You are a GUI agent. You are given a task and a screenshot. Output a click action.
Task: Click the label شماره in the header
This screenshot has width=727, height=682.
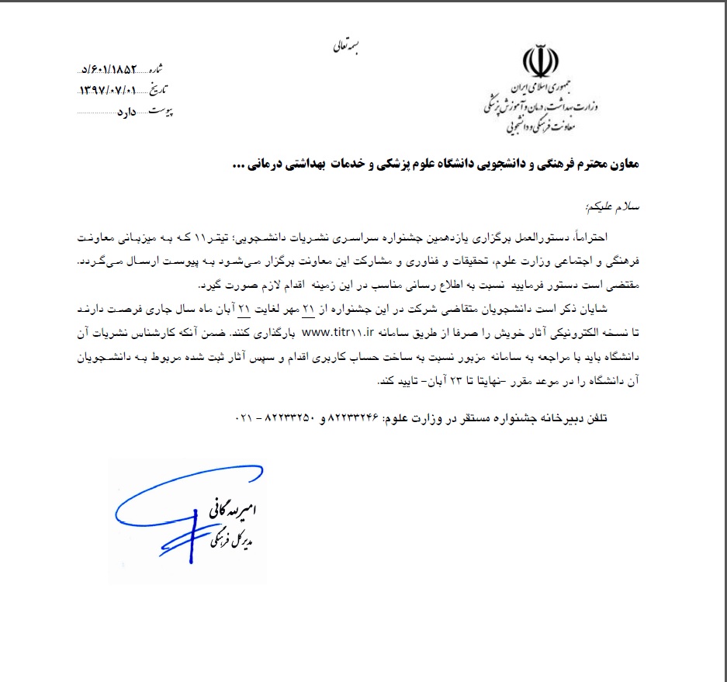(177, 69)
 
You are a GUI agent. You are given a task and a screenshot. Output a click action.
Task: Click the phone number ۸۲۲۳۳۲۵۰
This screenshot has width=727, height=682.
(284, 417)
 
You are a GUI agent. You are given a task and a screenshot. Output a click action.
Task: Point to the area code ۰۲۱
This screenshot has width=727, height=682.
(243, 417)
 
